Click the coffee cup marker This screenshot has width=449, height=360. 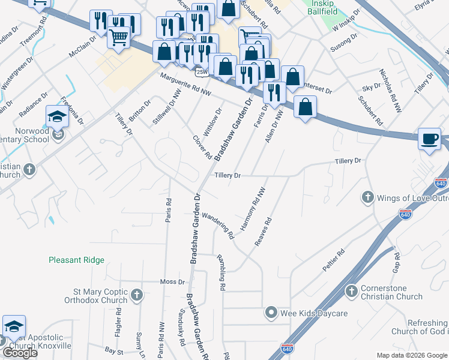429,139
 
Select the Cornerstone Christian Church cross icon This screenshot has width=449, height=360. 352,291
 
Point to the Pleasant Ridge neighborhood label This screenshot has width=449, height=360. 76,260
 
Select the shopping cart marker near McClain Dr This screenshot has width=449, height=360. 119,38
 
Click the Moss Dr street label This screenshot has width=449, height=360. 172,281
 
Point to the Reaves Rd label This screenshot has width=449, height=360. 264,232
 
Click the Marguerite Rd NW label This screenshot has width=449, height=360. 186,83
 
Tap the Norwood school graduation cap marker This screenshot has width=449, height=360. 57,116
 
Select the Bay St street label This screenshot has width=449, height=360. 113,349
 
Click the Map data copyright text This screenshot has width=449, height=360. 412,355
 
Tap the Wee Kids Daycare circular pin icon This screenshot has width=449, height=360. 271,313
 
